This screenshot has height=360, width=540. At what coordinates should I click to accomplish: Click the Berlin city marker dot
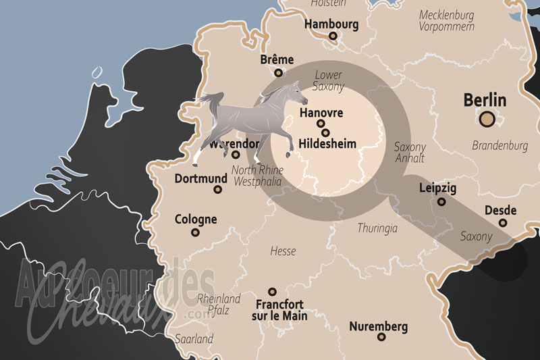(x=487, y=120)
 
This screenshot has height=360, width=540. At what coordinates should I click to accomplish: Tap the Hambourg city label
(x=331, y=24)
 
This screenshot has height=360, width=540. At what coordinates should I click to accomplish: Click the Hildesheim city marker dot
(x=325, y=133)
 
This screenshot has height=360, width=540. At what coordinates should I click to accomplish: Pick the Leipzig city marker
(x=441, y=201)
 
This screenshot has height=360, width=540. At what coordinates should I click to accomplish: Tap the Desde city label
(x=500, y=210)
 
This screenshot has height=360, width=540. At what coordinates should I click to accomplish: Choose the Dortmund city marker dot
(x=218, y=190)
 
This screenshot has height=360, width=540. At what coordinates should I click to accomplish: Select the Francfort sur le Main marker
(x=272, y=292)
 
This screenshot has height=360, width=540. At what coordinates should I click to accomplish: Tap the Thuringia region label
(x=377, y=228)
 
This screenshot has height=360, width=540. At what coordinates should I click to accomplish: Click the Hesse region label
(x=283, y=251)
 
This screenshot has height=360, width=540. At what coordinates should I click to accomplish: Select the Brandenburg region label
(x=500, y=145)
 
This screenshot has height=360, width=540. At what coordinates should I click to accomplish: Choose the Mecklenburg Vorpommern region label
(x=447, y=20)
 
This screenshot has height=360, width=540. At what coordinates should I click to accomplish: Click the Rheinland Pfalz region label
(x=219, y=304)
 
